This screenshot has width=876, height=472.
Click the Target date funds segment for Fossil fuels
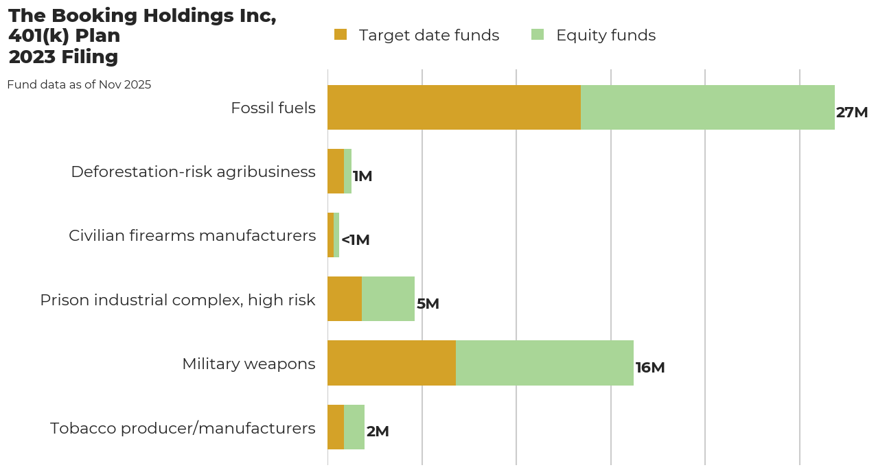coord(454,108)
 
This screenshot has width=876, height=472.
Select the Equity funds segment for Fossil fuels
coord(707,108)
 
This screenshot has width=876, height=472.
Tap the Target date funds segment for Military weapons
coord(391,363)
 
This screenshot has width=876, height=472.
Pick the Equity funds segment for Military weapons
coord(544,363)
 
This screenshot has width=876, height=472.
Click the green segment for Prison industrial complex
coord(388,299)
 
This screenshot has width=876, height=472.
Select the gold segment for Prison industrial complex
coord(345,299)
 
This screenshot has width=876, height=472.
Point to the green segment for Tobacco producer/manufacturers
coord(354,427)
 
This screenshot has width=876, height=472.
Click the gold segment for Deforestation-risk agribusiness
coord(336,172)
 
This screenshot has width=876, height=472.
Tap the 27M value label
coord(852,113)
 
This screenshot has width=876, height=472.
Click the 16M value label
coord(650,368)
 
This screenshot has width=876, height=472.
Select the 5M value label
coord(428,304)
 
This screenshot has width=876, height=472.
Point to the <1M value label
coord(356,240)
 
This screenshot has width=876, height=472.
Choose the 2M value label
coord(378,432)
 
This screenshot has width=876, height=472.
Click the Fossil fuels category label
coord(273,108)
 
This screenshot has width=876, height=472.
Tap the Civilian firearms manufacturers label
coord(192,235)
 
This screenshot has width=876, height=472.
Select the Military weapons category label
coord(249,364)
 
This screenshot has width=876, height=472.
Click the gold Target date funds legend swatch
coord(341,34)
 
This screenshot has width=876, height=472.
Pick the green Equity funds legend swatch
coord(538,34)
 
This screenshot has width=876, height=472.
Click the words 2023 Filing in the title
coord(63,57)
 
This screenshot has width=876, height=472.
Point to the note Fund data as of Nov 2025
coord(79,85)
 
